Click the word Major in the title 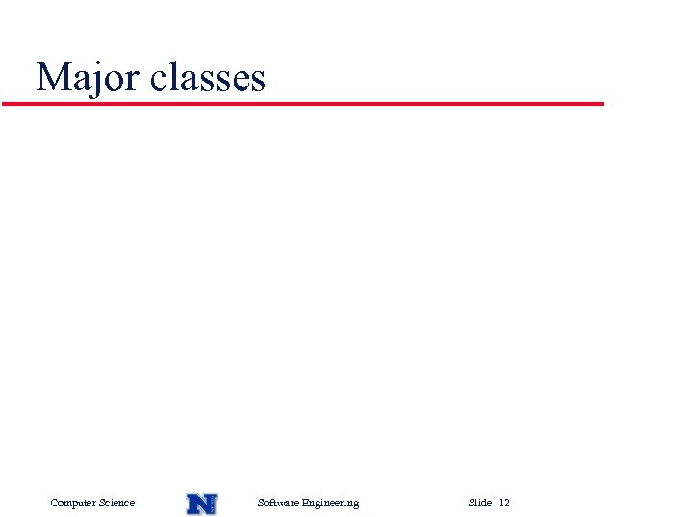(x=89, y=78)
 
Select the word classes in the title (x=207, y=78)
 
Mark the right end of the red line (x=602, y=103)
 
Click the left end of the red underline (x=4, y=103)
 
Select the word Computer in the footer (x=73, y=503)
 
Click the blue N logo (x=201, y=503)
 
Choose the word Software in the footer (x=278, y=503)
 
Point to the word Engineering (x=330, y=503)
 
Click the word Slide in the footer (x=480, y=503)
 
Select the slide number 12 (x=504, y=503)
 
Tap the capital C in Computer (x=54, y=503)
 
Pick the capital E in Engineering (x=305, y=503)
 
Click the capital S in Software (x=261, y=503)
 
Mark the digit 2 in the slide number (x=507, y=503)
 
